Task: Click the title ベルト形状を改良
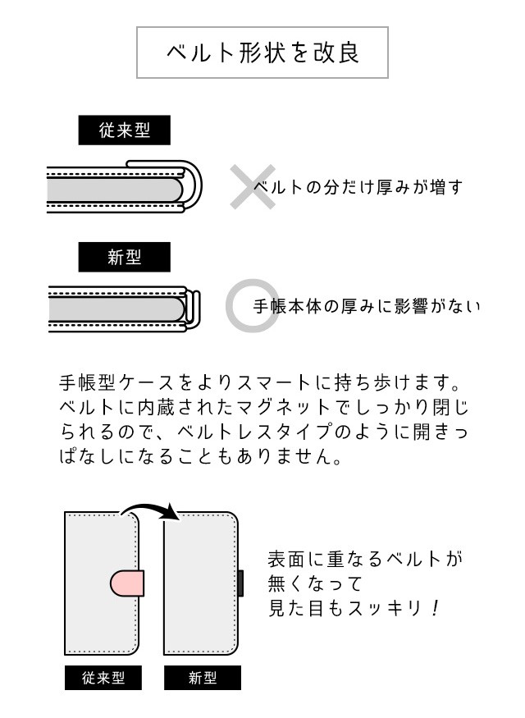pos(262,53)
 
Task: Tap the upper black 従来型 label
pos(125,130)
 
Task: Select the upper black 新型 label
pos(125,257)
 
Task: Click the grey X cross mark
pos(253,187)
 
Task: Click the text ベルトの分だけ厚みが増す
pos(358,187)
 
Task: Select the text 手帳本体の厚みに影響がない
pos(367,306)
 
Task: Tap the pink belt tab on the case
pos(127,583)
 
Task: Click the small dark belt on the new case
pos(240,583)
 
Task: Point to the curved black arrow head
pos(171,511)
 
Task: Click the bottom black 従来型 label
pos(103,678)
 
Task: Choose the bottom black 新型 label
pos(203,678)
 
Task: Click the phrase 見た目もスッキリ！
pos(354,608)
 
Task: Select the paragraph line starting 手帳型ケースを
pos(260,382)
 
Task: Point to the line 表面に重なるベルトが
pos(365,559)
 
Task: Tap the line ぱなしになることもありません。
pos(200,456)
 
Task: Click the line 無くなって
pos(315,583)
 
